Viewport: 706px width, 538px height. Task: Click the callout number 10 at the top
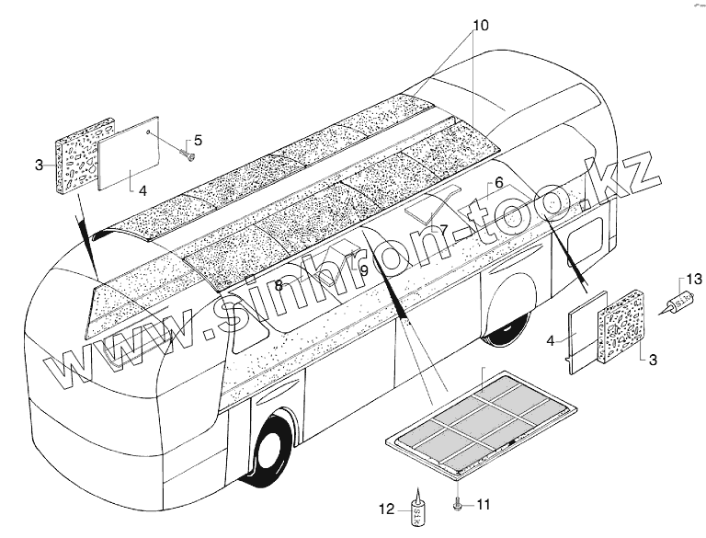pyautogui.click(x=475, y=21)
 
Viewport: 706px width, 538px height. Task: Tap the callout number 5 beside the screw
pyautogui.click(x=198, y=141)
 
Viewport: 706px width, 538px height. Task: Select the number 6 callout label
pyautogui.click(x=498, y=183)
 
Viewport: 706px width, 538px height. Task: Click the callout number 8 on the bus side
pyautogui.click(x=279, y=286)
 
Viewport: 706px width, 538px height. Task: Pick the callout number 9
pyautogui.click(x=364, y=270)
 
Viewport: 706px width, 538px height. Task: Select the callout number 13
pyautogui.click(x=695, y=279)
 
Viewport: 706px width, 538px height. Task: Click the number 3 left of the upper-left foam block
pyautogui.click(x=39, y=166)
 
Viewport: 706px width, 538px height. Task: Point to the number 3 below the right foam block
pyautogui.click(x=652, y=358)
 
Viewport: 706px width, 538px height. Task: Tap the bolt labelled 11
pyautogui.click(x=457, y=504)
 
